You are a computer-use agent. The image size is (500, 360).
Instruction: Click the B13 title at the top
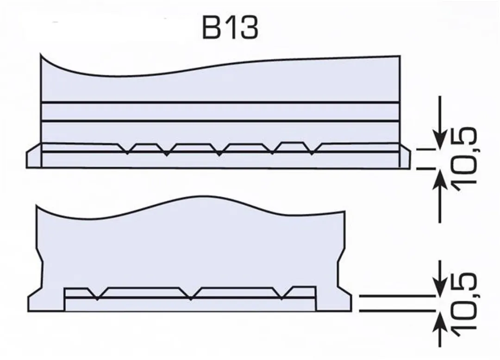pyautogui.click(x=230, y=28)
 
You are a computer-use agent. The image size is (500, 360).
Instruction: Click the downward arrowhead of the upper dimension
pyautogui.click(x=440, y=140)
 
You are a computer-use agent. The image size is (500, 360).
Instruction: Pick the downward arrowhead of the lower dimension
pyautogui.click(x=440, y=286)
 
